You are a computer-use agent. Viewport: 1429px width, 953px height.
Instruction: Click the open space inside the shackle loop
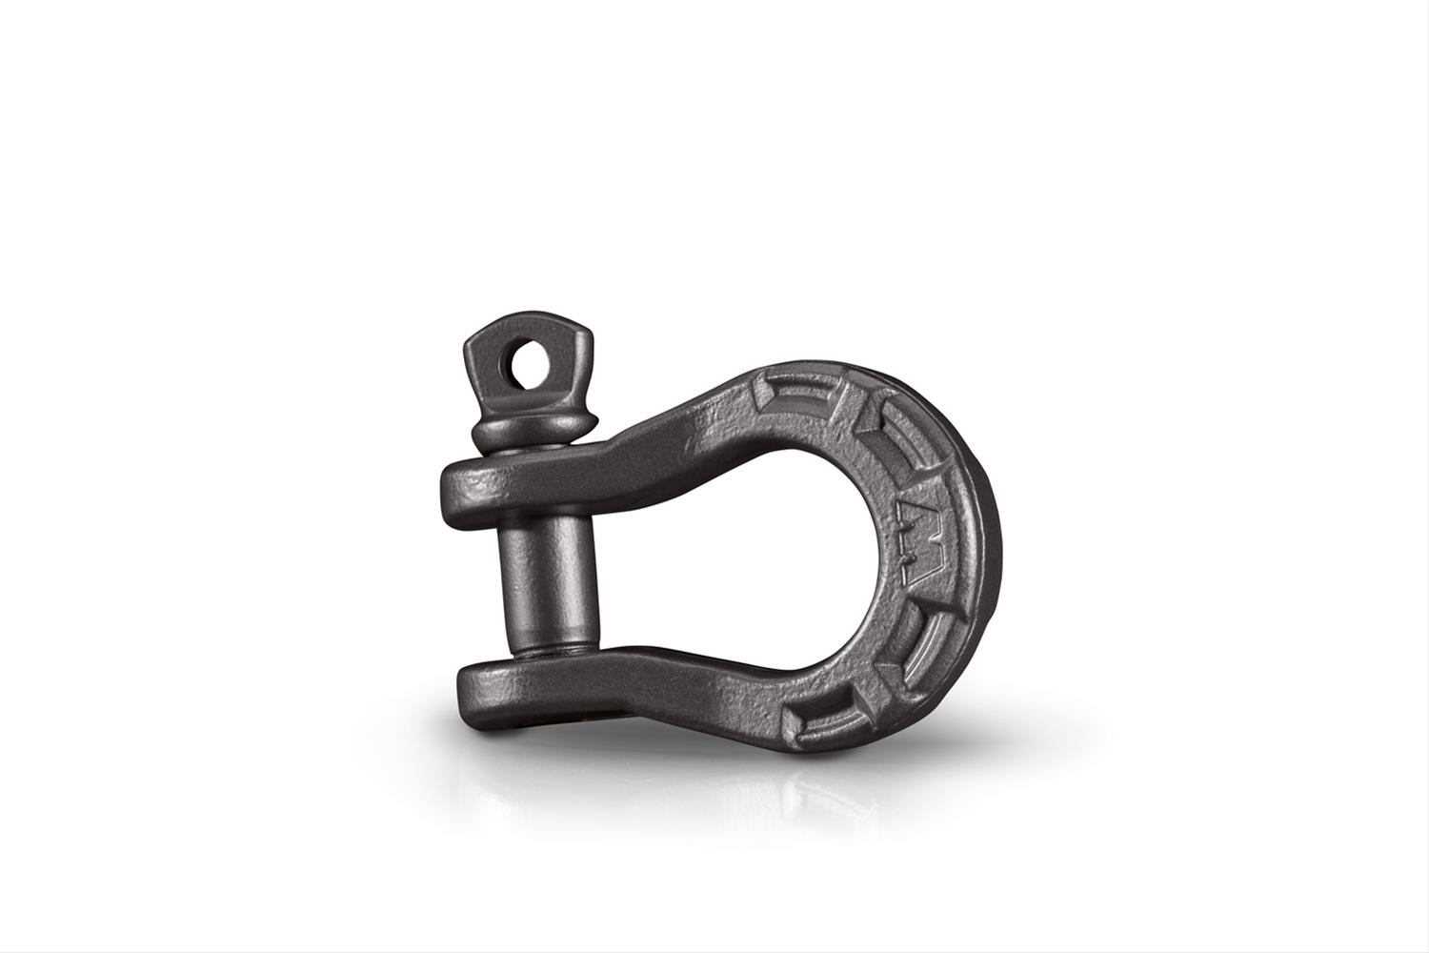pyautogui.click(x=724, y=553)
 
